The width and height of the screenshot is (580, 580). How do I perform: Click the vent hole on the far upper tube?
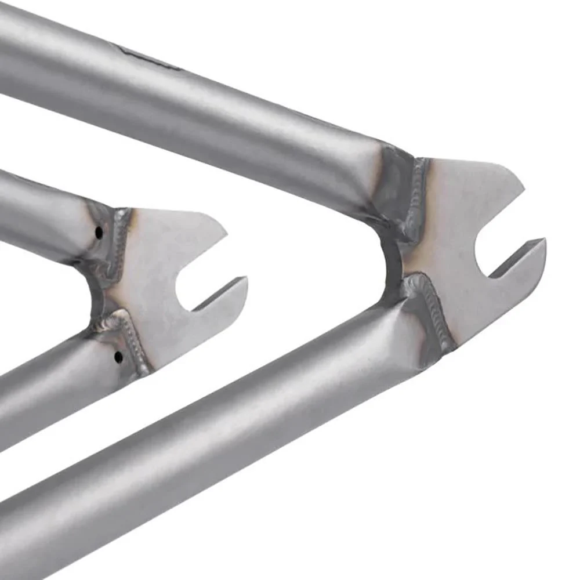(x=99, y=233)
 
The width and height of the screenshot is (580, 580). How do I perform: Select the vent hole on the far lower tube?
(x=118, y=357)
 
